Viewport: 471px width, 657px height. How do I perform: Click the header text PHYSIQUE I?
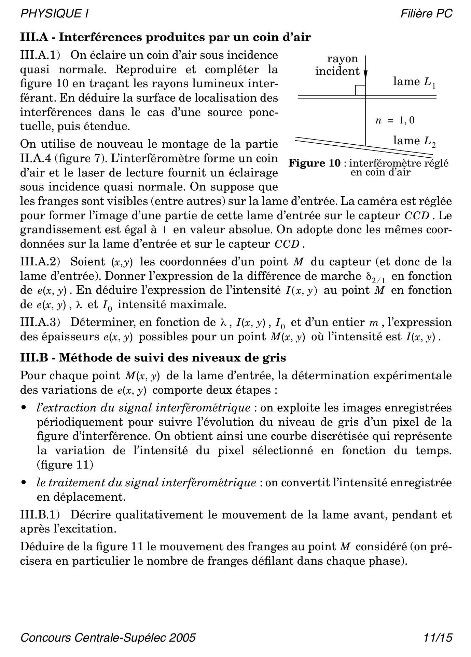[x=55, y=14]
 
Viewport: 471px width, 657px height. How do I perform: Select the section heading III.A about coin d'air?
[x=166, y=37]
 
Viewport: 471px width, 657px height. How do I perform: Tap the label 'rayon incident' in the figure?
[x=338, y=65]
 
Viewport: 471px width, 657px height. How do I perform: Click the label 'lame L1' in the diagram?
[x=414, y=82]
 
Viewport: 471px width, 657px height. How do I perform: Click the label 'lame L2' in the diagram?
[x=414, y=141]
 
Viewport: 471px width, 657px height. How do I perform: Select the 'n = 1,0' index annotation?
[x=395, y=120]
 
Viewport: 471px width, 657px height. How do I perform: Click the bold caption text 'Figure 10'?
[x=315, y=163]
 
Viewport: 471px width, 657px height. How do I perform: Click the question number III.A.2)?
[x=40, y=262]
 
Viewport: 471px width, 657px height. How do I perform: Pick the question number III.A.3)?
[x=40, y=322]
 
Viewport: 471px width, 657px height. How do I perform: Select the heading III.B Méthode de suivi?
[x=153, y=358]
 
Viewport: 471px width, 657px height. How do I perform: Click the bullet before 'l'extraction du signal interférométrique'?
[x=23, y=408]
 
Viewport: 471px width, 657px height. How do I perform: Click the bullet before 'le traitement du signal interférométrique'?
[x=23, y=483]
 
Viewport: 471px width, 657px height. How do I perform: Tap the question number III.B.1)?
[x=40, y=514]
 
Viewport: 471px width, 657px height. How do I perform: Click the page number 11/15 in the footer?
[x=438, y=638]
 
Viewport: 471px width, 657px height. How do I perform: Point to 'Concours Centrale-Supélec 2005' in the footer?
[x=108, y=638]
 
